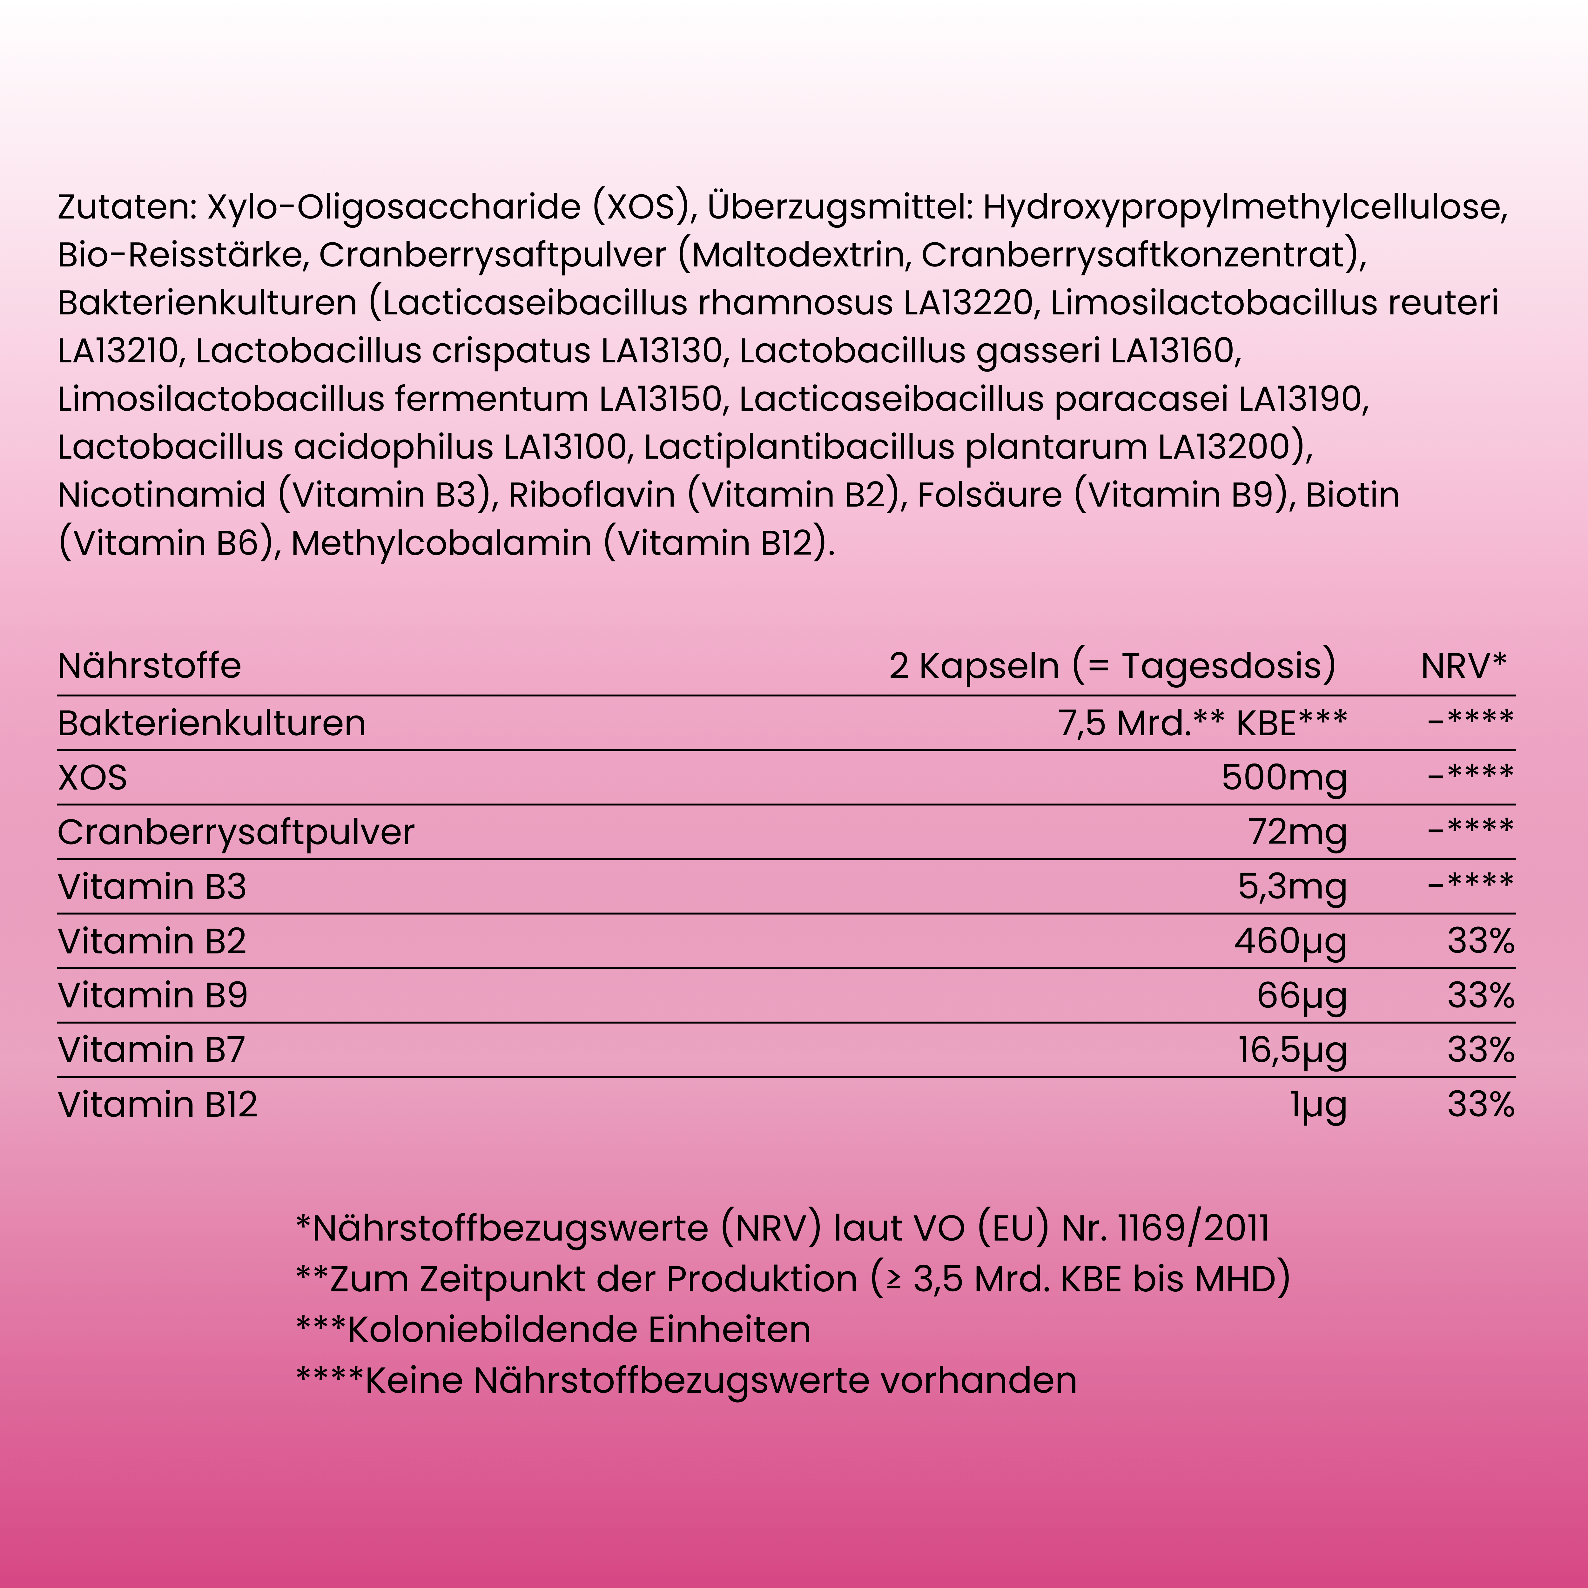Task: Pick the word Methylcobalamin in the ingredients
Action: pyautogui.click(x=441, y=543)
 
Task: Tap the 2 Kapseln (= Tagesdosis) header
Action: pyautogui.click(x=1112, y=666)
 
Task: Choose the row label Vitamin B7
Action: pyautogui.click(x=151, y=1050)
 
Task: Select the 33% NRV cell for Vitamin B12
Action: pyautogui.click(x=1480, y=1104)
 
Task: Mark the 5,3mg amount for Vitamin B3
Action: pyautogui.click(x=1292, y=887)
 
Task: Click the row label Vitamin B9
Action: pyautogui.click(x=152, y=995)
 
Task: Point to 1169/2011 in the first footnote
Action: pyautogui.click(x=1194, y=1228)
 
